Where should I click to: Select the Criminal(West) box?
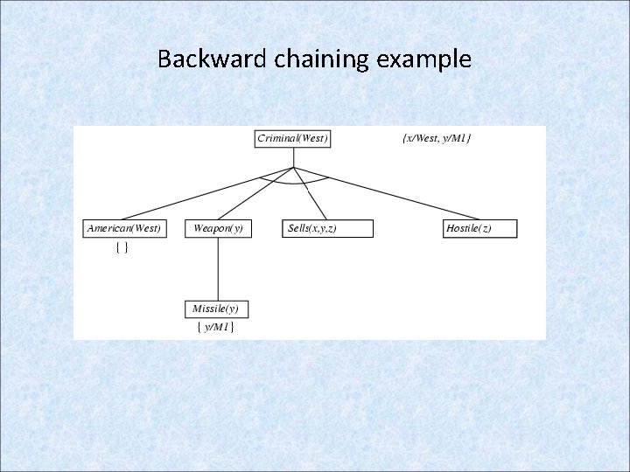point(293,138)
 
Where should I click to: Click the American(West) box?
point(123,228)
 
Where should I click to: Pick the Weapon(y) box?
point(218,228)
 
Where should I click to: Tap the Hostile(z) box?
point(480,228)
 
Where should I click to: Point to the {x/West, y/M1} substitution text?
point(436,138)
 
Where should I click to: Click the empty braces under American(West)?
point(123,248)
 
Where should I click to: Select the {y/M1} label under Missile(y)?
point(215,327)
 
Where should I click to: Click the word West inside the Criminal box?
point(312,138)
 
